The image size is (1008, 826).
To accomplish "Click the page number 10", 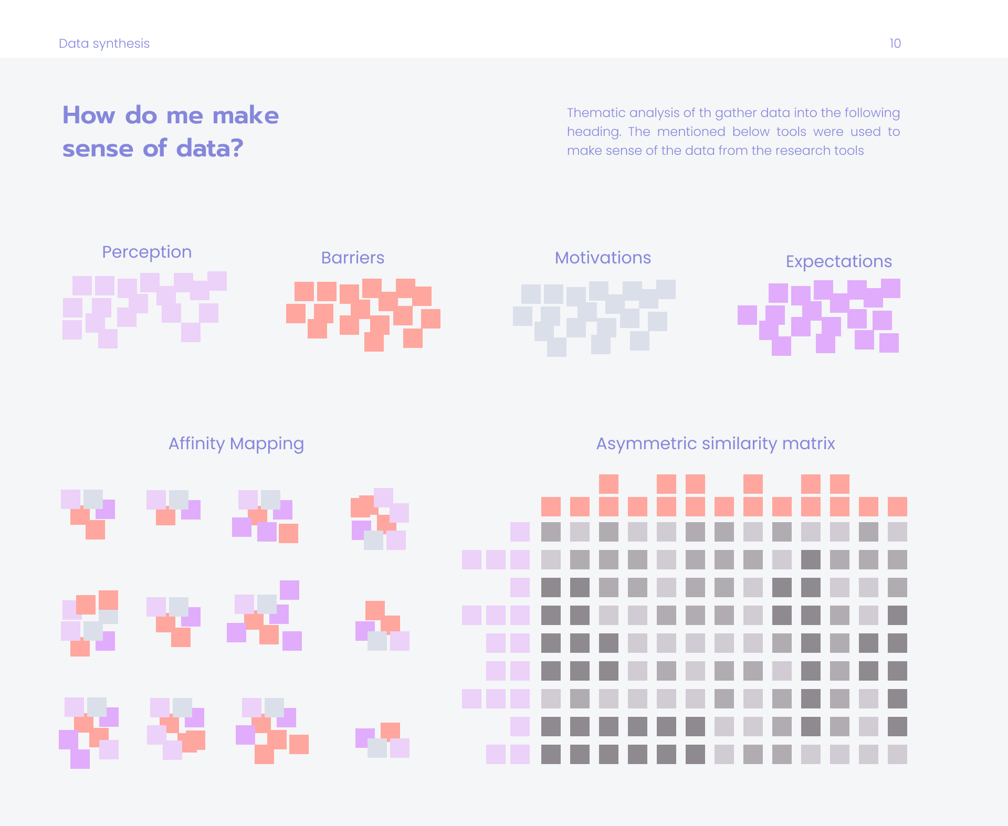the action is click(895, 44).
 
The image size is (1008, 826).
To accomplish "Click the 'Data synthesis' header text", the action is click(104, 44).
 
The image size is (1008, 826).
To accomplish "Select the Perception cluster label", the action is click(147, 252).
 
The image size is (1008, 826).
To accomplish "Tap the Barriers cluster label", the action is click(353, 258).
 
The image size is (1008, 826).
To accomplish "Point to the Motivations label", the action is click(603, 258).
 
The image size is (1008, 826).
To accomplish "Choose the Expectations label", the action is click(839, 262).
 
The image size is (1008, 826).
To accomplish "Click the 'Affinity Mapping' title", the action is click(236, 444).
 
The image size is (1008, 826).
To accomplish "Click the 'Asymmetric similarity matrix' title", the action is click(716, 444).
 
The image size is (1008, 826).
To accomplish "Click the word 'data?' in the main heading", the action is click(210, 149).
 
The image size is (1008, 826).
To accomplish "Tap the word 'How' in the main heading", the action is click(89, 115).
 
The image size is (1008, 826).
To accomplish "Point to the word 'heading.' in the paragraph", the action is click(594, 132).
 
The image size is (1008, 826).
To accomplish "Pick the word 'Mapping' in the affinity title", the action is click(267, 444).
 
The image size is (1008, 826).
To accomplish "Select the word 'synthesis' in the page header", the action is click(121, 44).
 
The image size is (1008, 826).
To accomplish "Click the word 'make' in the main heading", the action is click(246, 115).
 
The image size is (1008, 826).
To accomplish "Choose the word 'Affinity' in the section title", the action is click(197, 444).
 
